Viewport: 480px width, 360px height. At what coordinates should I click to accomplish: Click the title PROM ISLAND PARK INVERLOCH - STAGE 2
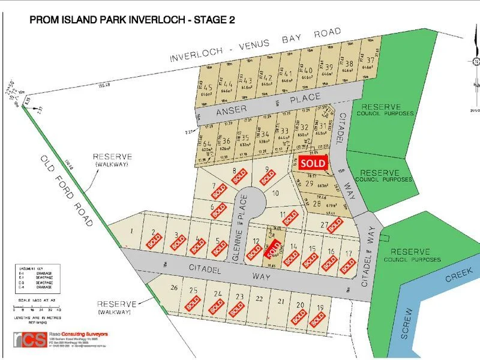click(x=132, y=20)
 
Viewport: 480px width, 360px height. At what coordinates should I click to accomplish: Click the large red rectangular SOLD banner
click(x=313, y=163)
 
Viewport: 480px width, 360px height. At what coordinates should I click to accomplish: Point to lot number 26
click(x=174, y=289)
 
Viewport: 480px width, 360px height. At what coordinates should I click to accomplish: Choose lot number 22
click(x=259, y=298)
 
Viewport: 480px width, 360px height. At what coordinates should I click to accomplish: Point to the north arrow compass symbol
click(x=475, y=62)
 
